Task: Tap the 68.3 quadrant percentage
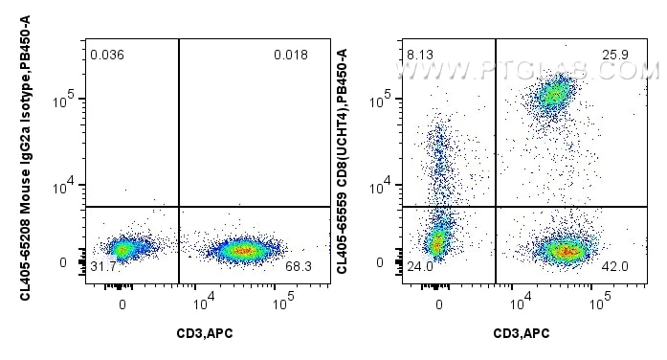[299, 265]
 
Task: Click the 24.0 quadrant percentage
[420, 266]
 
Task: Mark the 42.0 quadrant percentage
[614, 266]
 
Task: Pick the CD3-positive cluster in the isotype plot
[244, 251]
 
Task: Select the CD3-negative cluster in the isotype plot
[122, 249]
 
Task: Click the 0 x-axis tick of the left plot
[122, 304]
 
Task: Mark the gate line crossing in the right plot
[496, 207]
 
